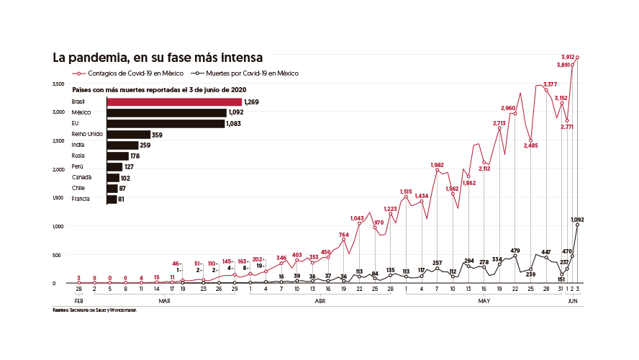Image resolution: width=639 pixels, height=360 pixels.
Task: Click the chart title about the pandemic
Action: (x=157, y=57)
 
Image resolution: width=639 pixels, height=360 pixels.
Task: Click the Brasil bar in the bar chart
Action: (x=174, y=102)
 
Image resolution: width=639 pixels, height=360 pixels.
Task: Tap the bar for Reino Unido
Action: (x=128, y=134)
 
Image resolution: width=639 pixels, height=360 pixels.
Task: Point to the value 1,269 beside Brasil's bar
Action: (x=250, y=102)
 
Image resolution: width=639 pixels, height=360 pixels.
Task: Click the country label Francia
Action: (x=81, y=199)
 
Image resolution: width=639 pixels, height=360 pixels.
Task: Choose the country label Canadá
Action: (x=81, y=177)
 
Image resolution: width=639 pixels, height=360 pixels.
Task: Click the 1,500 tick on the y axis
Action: (x=59, y=197)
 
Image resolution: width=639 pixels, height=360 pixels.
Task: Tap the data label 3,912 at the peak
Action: (x=568, y=56)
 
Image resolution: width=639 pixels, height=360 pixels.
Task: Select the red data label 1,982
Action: (x=437, y=165)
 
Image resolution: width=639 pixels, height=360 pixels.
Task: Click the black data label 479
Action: (x=515, y=251)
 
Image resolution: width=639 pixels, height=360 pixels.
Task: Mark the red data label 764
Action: (x=344, y=235)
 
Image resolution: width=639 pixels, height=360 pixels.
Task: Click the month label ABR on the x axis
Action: (x=321, y=301)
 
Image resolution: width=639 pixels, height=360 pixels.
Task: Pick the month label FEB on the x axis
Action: (x=78, y=301)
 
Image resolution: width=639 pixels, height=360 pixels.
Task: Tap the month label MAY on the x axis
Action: (x=484, y=301)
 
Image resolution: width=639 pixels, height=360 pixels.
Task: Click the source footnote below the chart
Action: (x=94, y=310)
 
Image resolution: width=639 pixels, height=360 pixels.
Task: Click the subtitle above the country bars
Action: (x=160, y=89)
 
